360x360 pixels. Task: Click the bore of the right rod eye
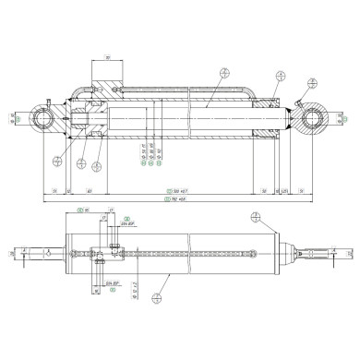313,119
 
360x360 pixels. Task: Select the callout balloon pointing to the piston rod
223,75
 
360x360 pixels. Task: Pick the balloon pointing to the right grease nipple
281,76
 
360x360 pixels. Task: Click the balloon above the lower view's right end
255,218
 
